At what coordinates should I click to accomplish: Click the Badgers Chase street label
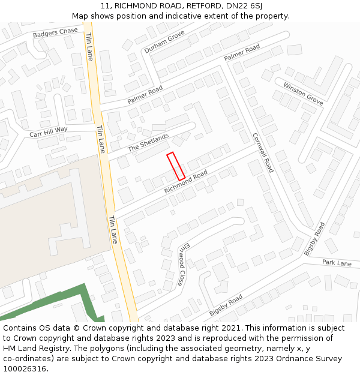point(55,32)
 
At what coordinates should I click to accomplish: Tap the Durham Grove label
point(164,43)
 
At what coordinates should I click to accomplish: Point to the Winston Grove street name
point(303,94)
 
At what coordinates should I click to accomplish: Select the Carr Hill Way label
point(49,131)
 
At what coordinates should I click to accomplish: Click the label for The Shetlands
point(148,143)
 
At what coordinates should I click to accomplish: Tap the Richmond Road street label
point(186,182)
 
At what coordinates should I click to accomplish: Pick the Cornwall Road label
point(263,152)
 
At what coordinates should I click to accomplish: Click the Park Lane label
point(337,263)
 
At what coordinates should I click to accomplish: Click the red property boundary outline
point(176,166)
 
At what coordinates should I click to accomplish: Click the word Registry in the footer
point(56,349)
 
